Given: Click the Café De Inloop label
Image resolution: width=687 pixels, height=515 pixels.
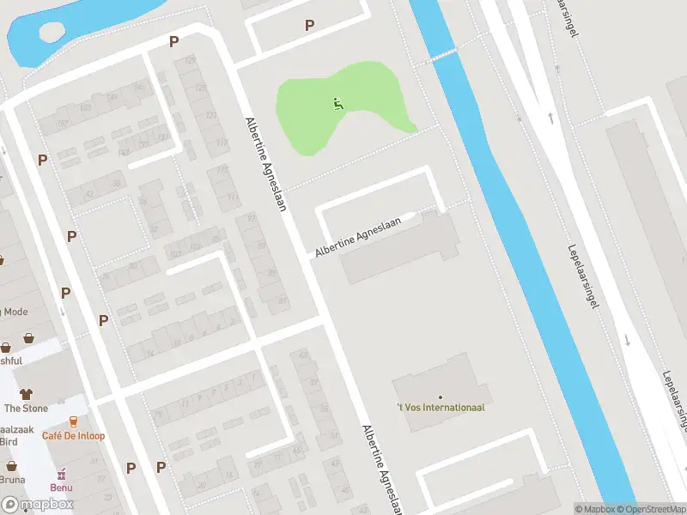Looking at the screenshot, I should click(x=74, y=436).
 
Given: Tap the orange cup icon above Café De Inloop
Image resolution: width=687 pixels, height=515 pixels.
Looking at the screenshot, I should click(x=74, y=421).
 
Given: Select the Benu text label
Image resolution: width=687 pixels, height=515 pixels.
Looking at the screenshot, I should click(x=61, y=488).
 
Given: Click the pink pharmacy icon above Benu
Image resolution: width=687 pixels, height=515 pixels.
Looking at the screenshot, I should click(x=61, y=474).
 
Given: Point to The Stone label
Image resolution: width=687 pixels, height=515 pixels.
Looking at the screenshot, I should click(x=26, y=409).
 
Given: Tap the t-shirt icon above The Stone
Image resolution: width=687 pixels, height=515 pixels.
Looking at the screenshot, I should click(x=26, y=394).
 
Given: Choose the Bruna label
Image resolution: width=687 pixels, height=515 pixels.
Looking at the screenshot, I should click(x=12, y=480).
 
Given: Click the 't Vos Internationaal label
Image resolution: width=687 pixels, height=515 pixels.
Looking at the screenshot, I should click(x=440, y=407).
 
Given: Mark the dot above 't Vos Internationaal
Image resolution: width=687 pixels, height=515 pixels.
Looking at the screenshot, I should click(x=440, y=397).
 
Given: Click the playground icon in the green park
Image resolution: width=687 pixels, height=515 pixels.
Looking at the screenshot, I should click(x=337, y=104).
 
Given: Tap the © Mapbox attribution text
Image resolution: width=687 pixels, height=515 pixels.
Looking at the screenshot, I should click(x=596, y=509).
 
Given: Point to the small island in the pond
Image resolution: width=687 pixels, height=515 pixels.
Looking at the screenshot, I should click(x=52, y=31).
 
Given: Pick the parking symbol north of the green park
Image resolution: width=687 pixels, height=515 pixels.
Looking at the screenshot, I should click(x=309, y=26).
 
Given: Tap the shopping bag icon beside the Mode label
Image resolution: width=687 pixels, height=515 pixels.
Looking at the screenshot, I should click(x=29, y=338).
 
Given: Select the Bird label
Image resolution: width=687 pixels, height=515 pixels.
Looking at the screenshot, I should click(x=9, y=441).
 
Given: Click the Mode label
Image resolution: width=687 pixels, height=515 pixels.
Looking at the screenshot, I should click(x=14, y=312).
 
